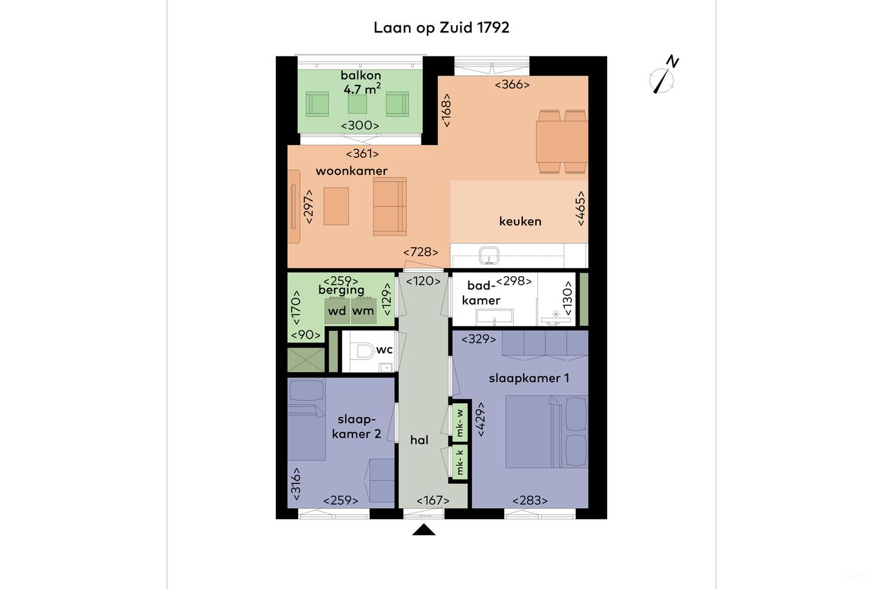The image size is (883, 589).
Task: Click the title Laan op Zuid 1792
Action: pos(441,28)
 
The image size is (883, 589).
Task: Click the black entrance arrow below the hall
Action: pos(424,530)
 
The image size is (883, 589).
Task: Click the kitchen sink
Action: pos(489,255)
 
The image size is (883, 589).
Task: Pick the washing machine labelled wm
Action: pos(364,311)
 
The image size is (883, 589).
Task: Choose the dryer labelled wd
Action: pos(337,311)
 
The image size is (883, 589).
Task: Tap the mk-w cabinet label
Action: pos(459,423)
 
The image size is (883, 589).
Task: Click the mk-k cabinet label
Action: pos(459,463)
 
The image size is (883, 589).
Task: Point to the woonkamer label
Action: pos(352,171)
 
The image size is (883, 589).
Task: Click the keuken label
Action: pos(520,222)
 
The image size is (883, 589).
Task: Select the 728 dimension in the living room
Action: pos(421,252)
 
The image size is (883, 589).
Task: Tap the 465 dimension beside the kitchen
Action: pos(581,209)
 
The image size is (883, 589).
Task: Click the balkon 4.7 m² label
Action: pos(361,82)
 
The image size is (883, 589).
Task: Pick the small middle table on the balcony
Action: pos(357,104)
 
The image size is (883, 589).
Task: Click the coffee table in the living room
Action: pos(336,206)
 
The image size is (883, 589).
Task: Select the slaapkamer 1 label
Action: pos(529,378)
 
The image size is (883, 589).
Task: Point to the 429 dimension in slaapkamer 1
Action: pos(481,419)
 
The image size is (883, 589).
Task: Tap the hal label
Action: pos(419,441)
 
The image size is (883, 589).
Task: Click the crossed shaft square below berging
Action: pos(306,359)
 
